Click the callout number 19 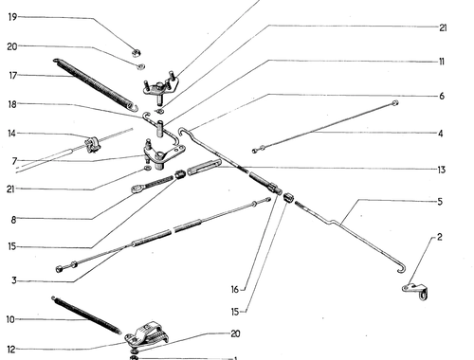point(12,17)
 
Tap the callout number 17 point(12,76)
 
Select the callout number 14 point(11,134)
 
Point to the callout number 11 point(442,62)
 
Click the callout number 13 point(441,170)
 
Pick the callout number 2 point(439,237)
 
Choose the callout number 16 point(234,290)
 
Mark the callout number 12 point(11,350)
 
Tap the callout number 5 point(440,202)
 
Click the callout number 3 point(14,280)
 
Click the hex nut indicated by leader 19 point(137,53)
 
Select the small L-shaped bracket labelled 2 point(415,291)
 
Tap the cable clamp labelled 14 point(93,145)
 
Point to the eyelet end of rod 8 point(137,189)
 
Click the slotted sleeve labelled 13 point(204,167)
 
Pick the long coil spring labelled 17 point(95,84)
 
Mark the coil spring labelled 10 point(86,315)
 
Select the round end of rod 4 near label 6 point(394,102)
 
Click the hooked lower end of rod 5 point(402,270)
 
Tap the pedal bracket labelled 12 point(146,335)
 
